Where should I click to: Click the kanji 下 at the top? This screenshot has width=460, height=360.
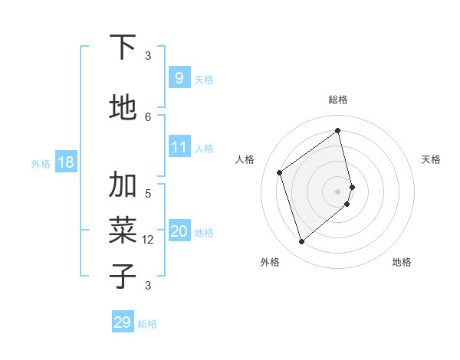(x=123, y=47)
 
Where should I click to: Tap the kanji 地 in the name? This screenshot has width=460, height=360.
(x=123, y=107)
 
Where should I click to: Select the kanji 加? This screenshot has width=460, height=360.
(x=123, y=185)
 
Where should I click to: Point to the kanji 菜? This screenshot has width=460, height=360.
(x=123, y=230)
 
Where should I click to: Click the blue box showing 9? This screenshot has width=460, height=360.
(x=179, y=77)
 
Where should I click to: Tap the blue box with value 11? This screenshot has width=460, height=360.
(x=179, y=147)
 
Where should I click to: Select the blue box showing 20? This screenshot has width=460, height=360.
(x=179, y=231)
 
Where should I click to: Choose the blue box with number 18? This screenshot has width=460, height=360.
(x=65, y=162)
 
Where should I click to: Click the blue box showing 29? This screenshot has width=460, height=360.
(x=123, y=322)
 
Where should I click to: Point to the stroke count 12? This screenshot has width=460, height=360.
(x=149, y=240)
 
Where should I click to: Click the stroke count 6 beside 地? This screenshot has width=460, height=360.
(x=148, y=116)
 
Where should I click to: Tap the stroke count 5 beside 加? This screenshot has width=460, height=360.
(x=148, y=193)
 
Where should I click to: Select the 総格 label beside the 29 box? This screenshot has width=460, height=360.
(x=147, y=324)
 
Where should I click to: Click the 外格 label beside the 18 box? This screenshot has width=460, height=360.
(x=40, y=163)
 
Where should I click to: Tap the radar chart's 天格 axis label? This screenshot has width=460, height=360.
(x=431, y=159)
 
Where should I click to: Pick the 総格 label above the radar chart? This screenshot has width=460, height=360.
(x=338, y=100)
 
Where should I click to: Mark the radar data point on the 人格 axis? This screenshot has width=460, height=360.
(x=280, y=172)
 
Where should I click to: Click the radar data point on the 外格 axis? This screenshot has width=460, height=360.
(x=301, y=242)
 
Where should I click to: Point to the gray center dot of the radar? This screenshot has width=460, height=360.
(x=338, y=190)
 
